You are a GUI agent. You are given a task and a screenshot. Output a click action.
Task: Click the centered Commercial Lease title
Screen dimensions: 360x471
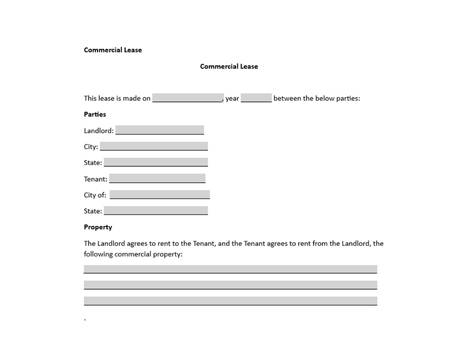pos(229,66)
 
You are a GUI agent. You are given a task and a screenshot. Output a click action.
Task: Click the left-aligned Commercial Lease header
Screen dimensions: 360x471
pos(113,50)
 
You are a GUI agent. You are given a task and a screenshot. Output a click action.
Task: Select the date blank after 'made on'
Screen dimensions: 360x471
pos(188,98)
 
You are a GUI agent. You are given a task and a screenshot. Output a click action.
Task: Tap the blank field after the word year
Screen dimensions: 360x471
pos(257,98)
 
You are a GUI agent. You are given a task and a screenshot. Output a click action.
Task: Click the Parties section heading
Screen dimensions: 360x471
pos(95,114)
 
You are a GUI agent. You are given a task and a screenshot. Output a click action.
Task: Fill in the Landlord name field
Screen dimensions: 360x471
pos(160,130)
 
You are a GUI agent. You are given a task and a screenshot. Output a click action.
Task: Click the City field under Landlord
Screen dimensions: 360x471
pos(153,146)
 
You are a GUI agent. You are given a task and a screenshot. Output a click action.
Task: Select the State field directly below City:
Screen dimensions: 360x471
pos(156,162)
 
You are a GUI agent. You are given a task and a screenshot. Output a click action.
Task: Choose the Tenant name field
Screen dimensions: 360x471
pos(157,178)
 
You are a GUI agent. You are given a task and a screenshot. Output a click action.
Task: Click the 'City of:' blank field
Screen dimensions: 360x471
pos(160,194)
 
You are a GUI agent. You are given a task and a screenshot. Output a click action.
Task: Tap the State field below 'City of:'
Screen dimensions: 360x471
pos(156,210)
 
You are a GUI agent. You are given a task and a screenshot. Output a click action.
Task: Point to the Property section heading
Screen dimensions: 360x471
pos(98,227)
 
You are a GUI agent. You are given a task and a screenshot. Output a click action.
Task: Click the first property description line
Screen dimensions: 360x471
pos(231,269)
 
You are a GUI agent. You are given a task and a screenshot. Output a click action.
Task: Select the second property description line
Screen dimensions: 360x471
pos(231,285)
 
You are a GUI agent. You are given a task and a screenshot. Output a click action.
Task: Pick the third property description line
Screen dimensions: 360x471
pos(231,301)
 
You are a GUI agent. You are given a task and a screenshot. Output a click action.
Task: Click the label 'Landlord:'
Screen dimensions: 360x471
pos(99,131)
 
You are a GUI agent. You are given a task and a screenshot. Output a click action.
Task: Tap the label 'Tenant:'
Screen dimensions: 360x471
pos(96,179)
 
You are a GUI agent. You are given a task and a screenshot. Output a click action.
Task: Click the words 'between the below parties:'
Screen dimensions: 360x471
pos(316,99)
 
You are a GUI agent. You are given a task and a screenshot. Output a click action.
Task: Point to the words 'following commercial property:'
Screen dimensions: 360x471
pos(133,254)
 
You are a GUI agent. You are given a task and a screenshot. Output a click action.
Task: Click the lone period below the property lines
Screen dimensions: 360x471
pos(85,320)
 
